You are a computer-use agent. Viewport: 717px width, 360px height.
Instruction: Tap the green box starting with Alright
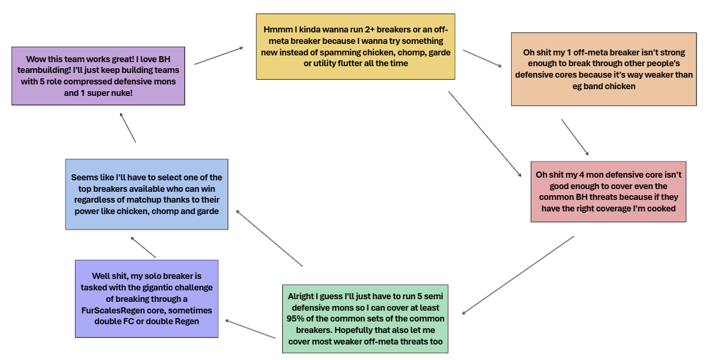pyautogui.click(x=365, y=318)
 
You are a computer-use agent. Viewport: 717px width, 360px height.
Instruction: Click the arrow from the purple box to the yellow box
pyautogui.click(x=218, y=56)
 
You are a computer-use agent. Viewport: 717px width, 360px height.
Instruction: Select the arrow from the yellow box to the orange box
pyautogui.click(x=483, y=58)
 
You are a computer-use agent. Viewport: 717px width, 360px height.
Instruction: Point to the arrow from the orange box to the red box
pyautogui.click(x=575, y=138)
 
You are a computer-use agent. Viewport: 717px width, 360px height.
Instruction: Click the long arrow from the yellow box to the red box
pyautogui.click(x=485, y=133)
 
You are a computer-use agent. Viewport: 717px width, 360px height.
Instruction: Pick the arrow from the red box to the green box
pyautogui.click(x=518, y=275)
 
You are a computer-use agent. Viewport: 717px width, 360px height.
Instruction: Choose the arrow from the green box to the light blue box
pyautogui.click(x=269, y=238)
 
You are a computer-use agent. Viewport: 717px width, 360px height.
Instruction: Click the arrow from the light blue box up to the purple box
pyautogui.click(x=128, y=127)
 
